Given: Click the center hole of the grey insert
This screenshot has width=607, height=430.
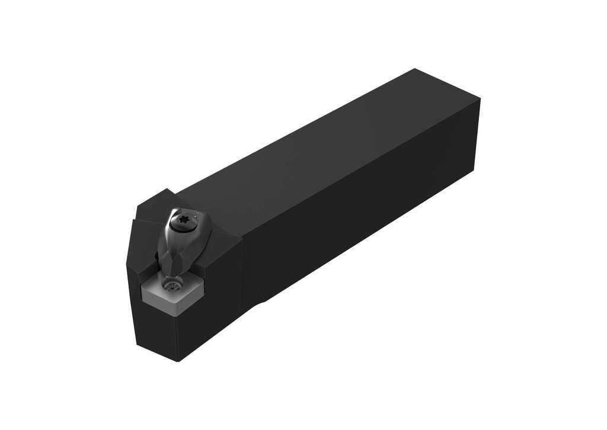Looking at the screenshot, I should [172, 288].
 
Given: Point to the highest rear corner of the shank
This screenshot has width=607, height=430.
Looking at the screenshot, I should [415, 69].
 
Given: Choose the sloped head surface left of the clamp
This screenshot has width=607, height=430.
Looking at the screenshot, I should [146, 237].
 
